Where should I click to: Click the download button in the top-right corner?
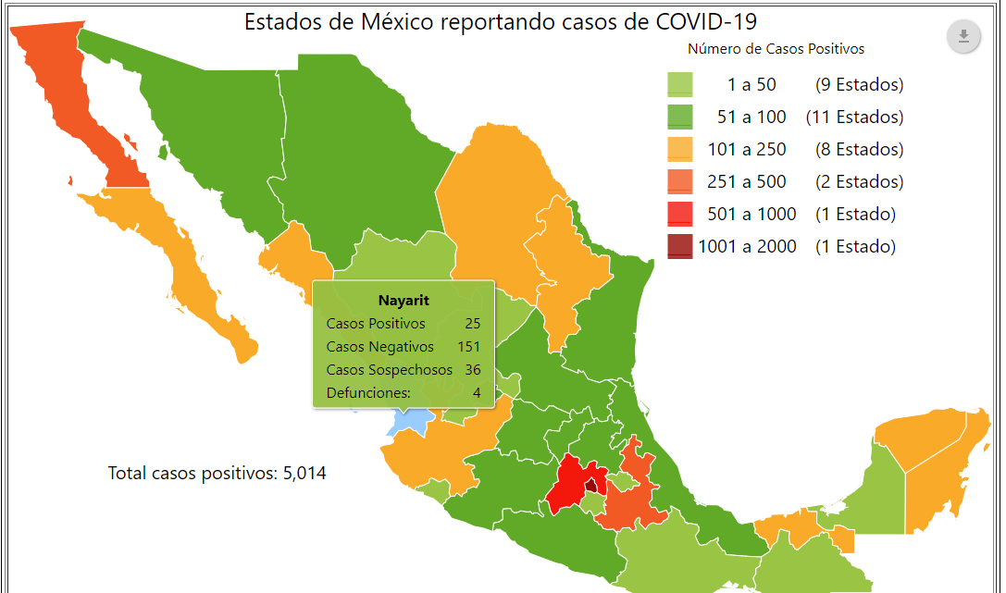click(963, 36)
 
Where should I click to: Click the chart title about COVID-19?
click(506, 22)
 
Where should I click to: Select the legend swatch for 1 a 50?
click(680, 85)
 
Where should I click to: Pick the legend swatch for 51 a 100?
click(680, 117)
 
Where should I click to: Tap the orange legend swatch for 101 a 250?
click(680, 150)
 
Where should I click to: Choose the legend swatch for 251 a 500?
click(680, 182)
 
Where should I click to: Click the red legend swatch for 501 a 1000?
click(680, 215)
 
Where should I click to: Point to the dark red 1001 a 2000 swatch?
click(680, 247)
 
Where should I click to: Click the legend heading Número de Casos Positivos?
click(776, 49)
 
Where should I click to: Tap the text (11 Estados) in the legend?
click(854, 117)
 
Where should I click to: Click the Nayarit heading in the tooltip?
click(404, 301)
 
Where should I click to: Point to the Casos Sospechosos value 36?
click(473, 370)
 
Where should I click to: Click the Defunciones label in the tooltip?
click(368, 393)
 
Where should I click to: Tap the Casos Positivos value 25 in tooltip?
click(473, 324)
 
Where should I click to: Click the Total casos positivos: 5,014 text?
click(217, 474)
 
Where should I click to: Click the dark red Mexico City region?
click(590, 484)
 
